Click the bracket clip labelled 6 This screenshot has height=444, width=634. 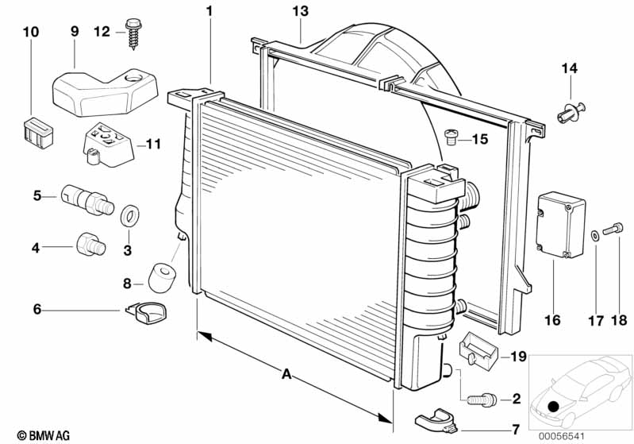(147, 314)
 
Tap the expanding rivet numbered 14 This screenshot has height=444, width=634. (572, 111)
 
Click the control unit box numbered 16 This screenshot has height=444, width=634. (559, 224)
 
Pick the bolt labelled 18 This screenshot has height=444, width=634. (611, 230)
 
